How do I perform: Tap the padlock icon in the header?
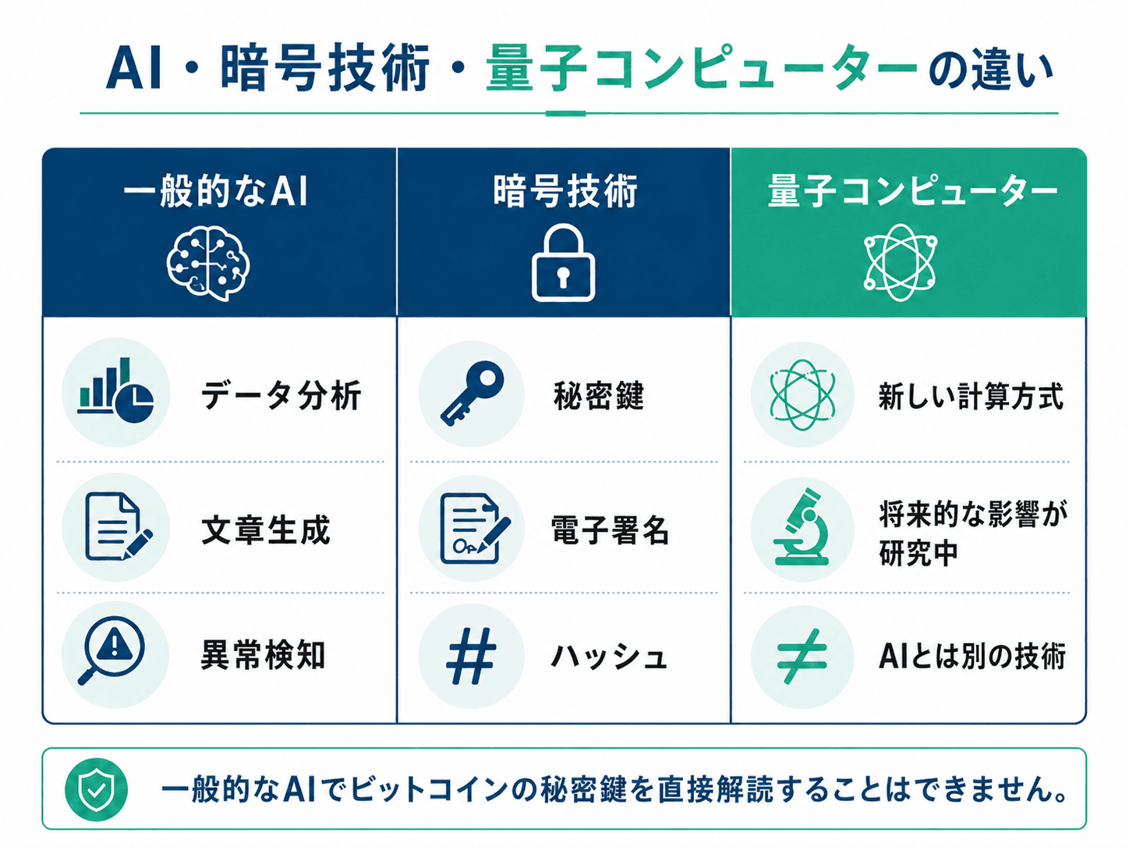[563, 262]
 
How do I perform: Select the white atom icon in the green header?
[900, 262]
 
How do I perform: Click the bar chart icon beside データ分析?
[115, 391]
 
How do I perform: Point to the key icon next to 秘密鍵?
[472, 393]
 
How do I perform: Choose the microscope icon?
[802, 527]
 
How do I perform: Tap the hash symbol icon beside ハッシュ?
[471, 656]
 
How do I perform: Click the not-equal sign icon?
[802, 657]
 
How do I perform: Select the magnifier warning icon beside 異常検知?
[111, 650]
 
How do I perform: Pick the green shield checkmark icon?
[96, 789]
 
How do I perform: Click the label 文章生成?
[265, 530]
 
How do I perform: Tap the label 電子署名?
[610, 530]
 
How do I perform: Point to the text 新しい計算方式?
[971, 396]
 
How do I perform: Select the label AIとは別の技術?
[972, 656]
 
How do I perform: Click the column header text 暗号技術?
[565, 191]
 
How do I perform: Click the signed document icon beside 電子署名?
[474, 528]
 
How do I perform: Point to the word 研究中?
[918, 553]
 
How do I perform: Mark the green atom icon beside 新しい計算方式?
[802, 395]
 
